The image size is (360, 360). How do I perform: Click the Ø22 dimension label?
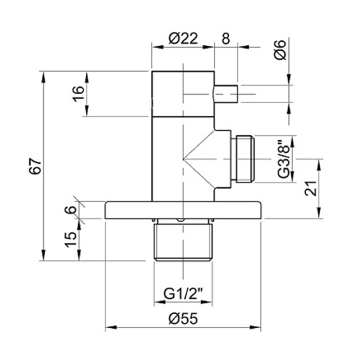183,39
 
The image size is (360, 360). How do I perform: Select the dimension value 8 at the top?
226,39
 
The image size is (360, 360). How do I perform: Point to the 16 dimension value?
78,94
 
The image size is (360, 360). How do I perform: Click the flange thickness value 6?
71,210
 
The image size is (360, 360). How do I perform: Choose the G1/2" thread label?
183,294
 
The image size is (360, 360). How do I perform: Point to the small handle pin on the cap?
226,94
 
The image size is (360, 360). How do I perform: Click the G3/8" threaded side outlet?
244,159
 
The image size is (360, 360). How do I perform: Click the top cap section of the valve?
183,94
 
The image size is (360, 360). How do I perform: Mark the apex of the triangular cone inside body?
184,159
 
